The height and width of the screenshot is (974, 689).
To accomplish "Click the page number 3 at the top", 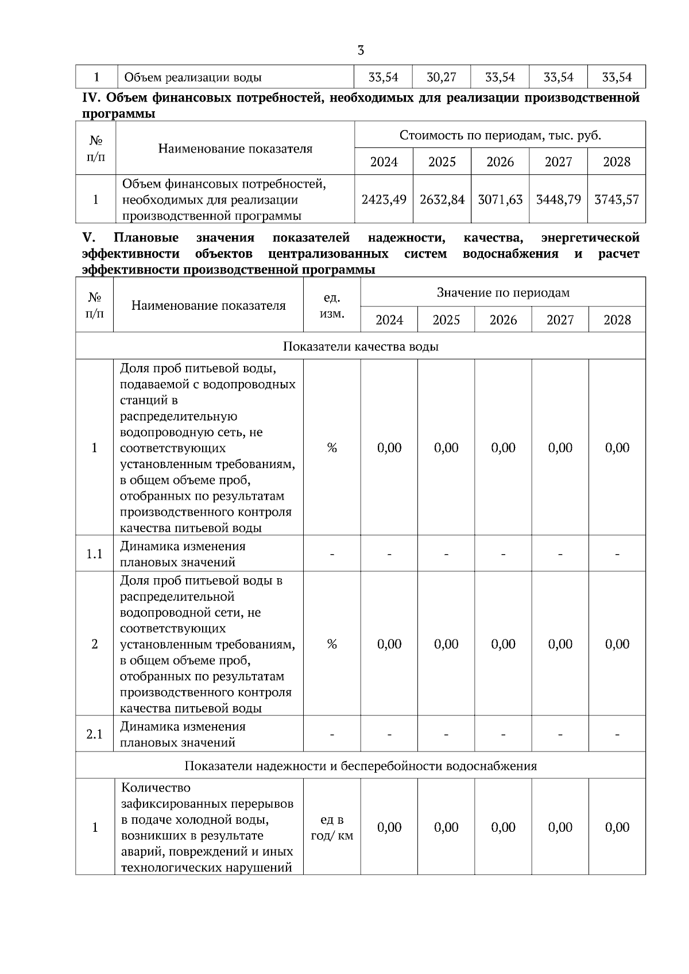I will [x=361, y=50].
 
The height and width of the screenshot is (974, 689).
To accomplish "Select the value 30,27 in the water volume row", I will [x=442, y=77].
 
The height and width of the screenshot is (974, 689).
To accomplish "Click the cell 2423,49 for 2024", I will [x=384, y=200].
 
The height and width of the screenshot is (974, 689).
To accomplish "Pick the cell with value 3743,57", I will [x=617, y=200].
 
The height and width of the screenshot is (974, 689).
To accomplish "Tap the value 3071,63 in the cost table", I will [x=500, y=200].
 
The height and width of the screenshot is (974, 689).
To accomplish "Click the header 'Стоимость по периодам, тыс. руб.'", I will [x=500, y=135].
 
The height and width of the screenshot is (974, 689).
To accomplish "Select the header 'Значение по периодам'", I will [x=503, y=293].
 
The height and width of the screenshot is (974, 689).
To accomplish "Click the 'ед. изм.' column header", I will [x=332, y=306].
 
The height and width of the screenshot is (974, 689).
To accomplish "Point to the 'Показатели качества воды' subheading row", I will [x=361, y=346].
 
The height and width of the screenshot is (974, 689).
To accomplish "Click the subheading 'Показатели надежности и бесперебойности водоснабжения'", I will [x=361, y=766].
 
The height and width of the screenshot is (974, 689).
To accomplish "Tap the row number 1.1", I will [x=94, y=554].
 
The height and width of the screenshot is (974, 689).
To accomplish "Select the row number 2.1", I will [x=94, y=734].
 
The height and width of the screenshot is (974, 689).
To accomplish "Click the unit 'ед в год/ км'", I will [x=332, y=828].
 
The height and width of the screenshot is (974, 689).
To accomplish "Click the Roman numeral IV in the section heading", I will [x=92, y=98].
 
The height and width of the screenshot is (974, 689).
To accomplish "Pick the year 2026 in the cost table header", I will [x=500, y=162].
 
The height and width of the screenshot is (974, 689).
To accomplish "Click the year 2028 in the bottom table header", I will [x=617, y=320].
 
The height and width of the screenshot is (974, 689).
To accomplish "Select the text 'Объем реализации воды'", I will [x=193, y=77].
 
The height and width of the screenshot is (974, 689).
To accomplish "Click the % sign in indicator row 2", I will [x=332, y=644].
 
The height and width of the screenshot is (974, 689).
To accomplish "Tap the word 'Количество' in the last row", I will [x=156, y=788].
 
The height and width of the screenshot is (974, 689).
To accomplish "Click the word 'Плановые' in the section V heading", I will [x=146, y=237].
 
